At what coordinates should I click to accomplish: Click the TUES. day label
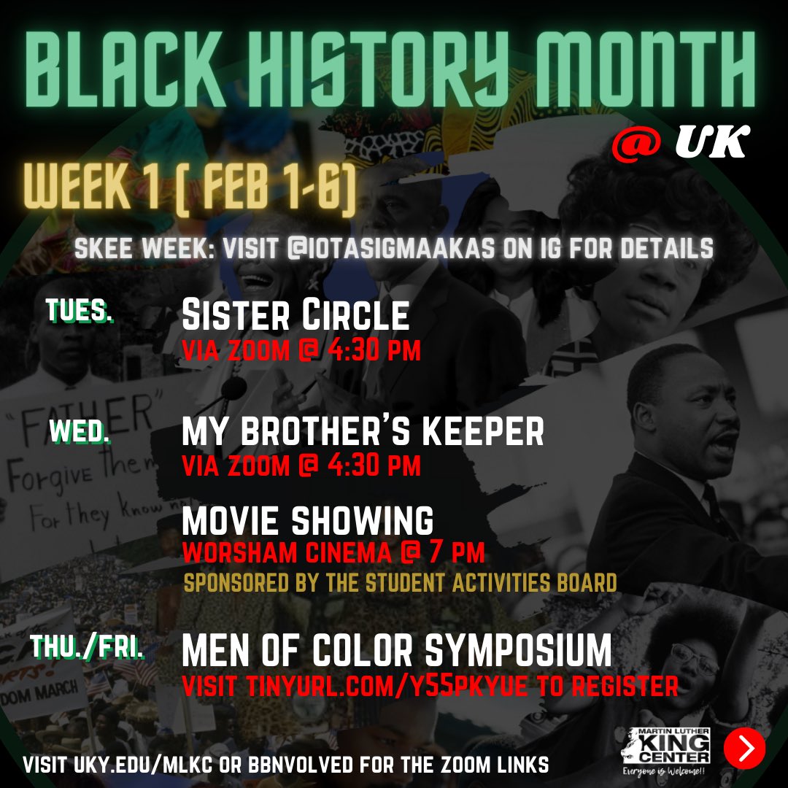click(80, 311)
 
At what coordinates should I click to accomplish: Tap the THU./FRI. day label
click(88, 649)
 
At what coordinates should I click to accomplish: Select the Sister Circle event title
click(295, 315)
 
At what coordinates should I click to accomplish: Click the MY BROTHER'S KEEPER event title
click(363, 433)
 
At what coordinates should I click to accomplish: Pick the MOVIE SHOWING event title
click(307, 521)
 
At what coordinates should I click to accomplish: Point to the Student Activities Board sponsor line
click(400, 584)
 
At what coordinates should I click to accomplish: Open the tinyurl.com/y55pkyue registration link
click(430, 686)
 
